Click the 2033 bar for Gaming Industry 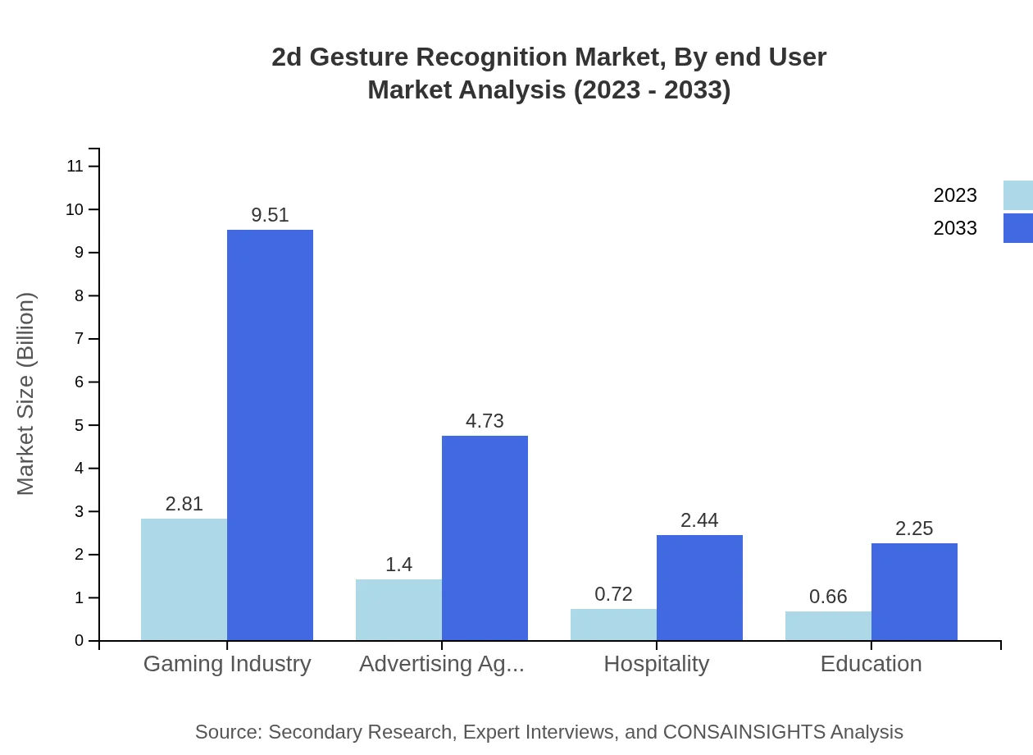tap(270, 435)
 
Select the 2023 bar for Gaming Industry tap(184, 579)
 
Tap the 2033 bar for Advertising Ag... tap(485, 538)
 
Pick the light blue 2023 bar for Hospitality tap(613, 625)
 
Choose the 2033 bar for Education tap(914, 592)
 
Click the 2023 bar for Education tap(828, 626)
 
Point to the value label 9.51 tap(270, 215)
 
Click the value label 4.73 tap(485, 421)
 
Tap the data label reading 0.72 tap(613, 594)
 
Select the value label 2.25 tap(914, 528)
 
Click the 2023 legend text tap(955, 195)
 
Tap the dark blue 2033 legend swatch tap(1017, 228)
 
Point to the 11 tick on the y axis tap(75, 167)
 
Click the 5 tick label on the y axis tap(80, 425)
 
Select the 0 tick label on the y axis tap(80, 641)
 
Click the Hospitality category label tap(656, 664)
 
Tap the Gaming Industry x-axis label tap(227, 664)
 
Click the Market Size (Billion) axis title tap(25, 394)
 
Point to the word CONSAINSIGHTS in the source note tap(744, 732)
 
